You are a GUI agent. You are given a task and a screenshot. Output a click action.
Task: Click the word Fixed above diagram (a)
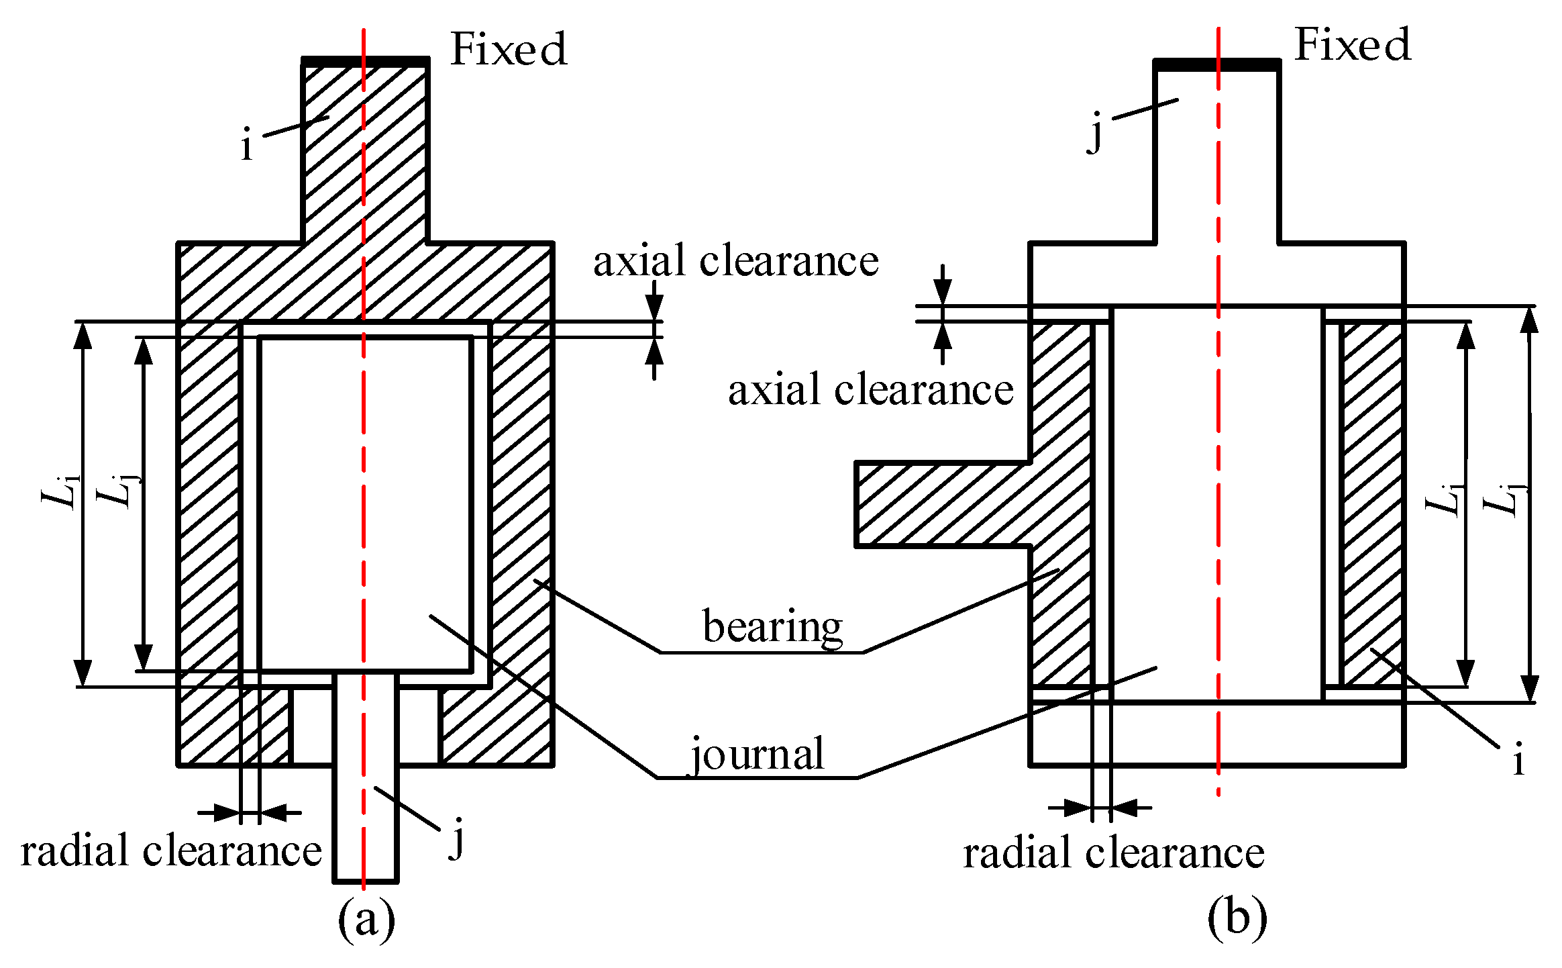tap(509, 50)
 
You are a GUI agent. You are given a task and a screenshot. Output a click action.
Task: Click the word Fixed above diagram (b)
tap(1352, 46)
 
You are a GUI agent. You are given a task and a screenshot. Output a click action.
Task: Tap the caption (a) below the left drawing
tap(366, 920)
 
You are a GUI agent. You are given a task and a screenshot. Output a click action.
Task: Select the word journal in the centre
tap(758, 755)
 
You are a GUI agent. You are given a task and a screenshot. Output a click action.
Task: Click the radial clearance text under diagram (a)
tap(171, 851)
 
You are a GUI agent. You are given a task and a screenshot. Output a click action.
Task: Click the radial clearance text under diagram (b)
tap(1114, 853)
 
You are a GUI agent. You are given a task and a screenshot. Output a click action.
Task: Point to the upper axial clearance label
tap(735, 261)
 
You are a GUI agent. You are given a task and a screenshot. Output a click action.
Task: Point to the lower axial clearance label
tap(870, 390)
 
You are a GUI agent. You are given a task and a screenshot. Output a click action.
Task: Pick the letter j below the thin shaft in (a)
tap(458, 838)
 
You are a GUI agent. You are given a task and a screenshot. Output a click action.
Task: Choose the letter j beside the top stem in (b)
tap(1096, 132)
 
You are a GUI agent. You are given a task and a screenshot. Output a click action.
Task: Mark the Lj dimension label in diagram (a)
tap(115, 489)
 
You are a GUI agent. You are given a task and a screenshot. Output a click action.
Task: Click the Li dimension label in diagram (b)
tap(1443, 497)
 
